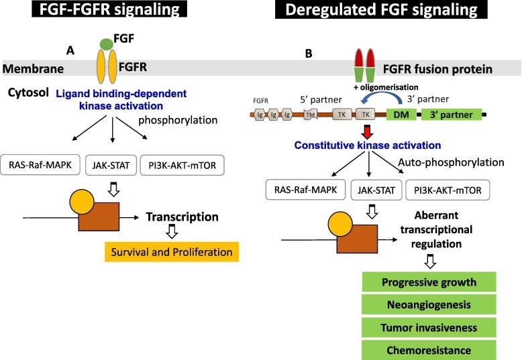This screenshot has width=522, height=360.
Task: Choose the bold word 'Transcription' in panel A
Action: pos(183,217)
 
